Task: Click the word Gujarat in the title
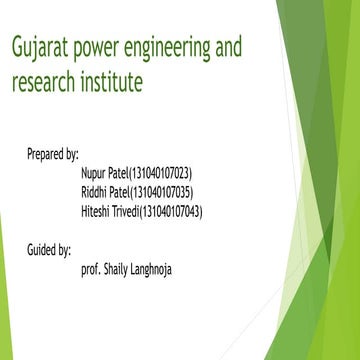tap(39, 48)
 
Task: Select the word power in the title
tap(103, 48)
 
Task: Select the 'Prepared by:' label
tap(53, 155)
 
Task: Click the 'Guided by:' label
tap(49, 247)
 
